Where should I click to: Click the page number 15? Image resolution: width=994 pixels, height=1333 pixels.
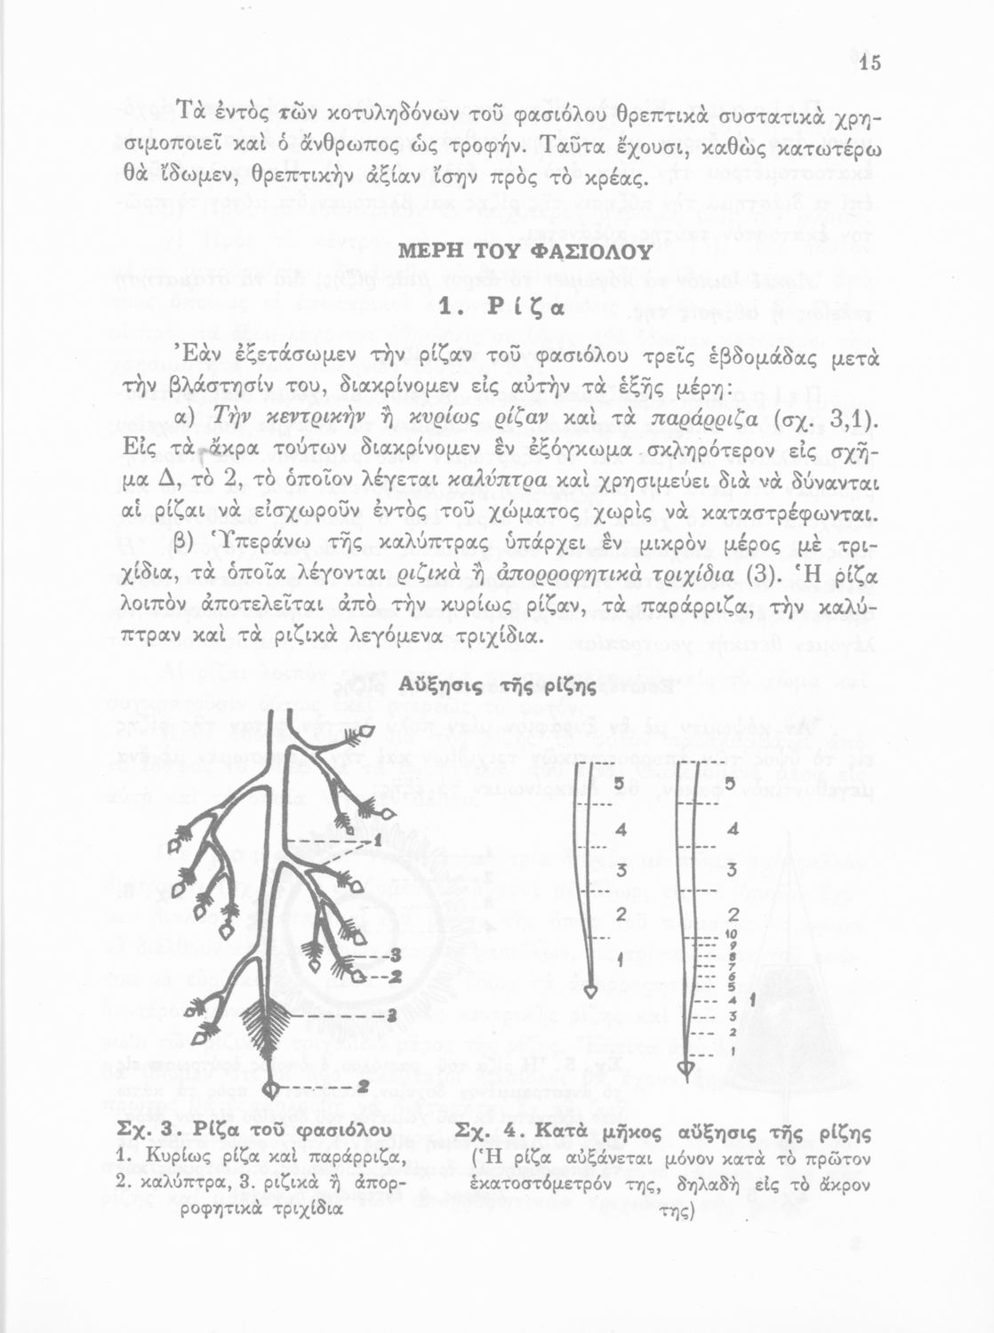870,62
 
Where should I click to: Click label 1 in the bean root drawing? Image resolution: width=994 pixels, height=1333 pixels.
377,838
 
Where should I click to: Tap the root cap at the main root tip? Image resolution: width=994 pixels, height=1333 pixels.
275,1088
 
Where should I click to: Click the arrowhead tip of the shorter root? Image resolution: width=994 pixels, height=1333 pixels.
592,990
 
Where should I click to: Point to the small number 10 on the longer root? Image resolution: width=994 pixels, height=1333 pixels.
728,933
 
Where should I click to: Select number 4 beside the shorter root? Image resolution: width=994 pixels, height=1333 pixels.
621,830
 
